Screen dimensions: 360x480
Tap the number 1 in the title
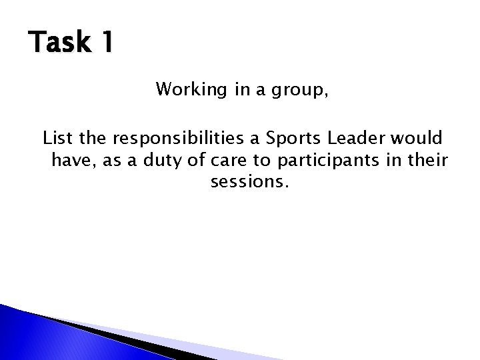(106, 43)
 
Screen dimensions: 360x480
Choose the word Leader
(355, 139)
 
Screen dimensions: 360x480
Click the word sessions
(249, 182)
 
